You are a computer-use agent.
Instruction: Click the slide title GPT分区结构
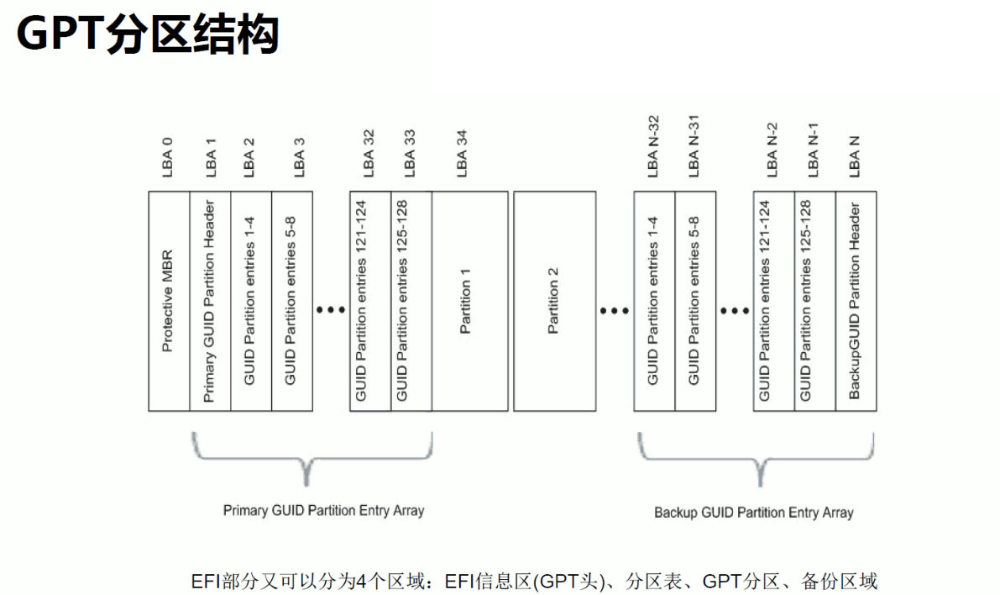click(x=147, y=35)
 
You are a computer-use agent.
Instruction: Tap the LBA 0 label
click(x=168, y=155)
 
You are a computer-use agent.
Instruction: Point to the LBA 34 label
click(x=461, y=153)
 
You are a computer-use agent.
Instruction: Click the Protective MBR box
click(x=169, y=301)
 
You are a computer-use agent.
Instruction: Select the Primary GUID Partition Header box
click(x=210, y=301)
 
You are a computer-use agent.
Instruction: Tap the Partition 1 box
click(x=469, y=301)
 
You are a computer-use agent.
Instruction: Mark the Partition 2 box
click(x=553, y=301)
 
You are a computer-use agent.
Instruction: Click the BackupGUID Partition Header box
click(x=856, y=301)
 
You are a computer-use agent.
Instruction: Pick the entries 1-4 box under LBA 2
click(x=250, y=301)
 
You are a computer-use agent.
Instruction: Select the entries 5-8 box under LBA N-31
click(x=694, y=301)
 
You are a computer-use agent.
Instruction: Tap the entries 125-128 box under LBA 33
click(x=411, y=301)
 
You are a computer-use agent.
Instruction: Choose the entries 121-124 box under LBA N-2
click(x=773, y=301)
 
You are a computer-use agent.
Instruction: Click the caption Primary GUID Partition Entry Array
click(x=323, y=510)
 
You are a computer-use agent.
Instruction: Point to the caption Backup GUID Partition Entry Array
click(x=753, y=512)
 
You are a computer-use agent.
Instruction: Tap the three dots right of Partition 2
click(x=614, y=311)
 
